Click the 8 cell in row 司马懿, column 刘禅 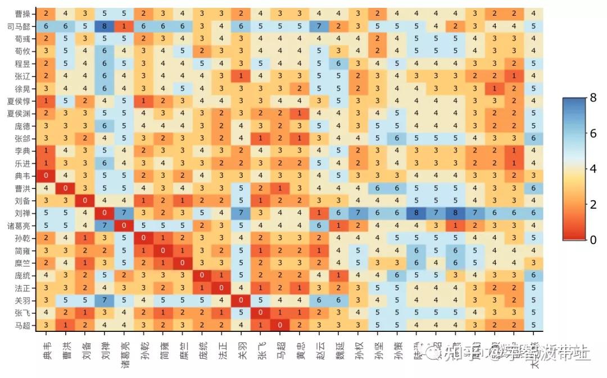tap(105, 26)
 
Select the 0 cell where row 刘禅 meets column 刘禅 tap(105, 213)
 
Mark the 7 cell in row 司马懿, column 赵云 tap(319, 26)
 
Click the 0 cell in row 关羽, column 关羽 tap(241, 300)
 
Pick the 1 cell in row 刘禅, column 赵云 tap(319, 213)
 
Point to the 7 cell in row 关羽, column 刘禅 tap(105, 300)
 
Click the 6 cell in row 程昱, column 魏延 tap(338, 64)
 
